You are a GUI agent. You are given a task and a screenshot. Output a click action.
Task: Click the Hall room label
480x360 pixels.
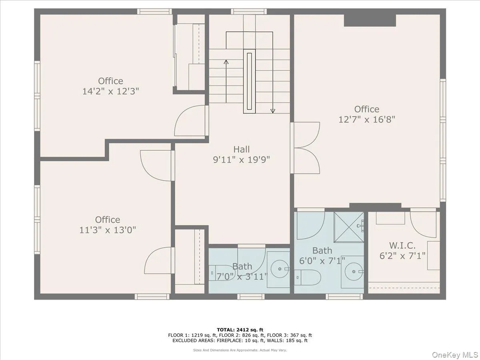click(x=242, y=149)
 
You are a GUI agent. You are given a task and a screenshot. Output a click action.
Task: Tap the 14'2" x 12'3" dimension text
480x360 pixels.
click(x=111, y=91)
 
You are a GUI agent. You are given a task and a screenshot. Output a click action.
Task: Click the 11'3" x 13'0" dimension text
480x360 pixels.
click(x=107, y=230)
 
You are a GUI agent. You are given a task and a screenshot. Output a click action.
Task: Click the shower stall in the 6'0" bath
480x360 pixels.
click(x=349, y=227)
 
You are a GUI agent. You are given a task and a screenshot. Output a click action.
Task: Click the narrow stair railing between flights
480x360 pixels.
click(x=250, y=82)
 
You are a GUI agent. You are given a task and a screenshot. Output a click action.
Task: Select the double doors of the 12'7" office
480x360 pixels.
click(x=306, y=148)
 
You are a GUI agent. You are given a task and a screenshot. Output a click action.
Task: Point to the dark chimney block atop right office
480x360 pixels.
click(x=370, y=20)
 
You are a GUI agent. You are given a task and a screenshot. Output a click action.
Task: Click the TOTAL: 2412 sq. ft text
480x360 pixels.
click(x=240, y=329)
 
